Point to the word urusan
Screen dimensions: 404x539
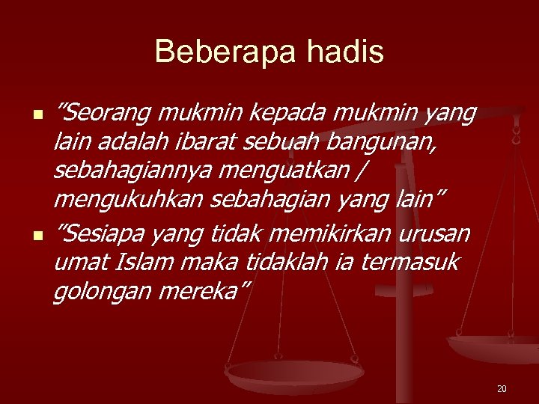coord(433,234)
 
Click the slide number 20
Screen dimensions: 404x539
coord(502,389)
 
